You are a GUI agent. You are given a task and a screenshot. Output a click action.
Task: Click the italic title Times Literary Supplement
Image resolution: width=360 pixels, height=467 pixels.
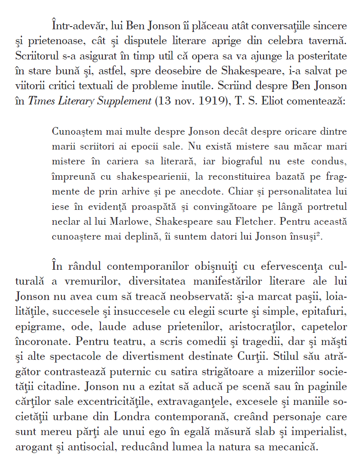pos(90,101)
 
